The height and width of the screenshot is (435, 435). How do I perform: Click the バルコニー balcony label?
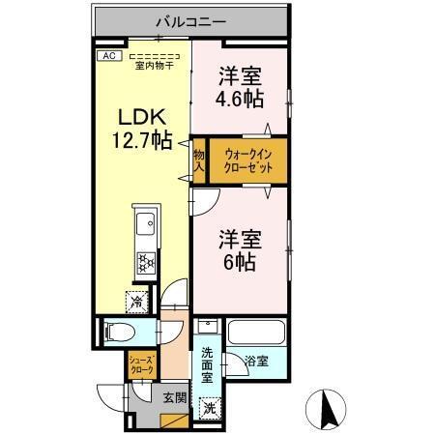(x=189, y=19)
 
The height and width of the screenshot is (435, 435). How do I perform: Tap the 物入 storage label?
(x=198, y=159)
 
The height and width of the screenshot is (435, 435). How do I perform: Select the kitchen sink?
(x=145, y=228)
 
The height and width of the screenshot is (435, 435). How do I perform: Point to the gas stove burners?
(x=146, y=262)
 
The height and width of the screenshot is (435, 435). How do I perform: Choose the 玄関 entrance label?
(x=173, y=395)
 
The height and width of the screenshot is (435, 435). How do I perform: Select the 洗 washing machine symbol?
(x=210, y=407)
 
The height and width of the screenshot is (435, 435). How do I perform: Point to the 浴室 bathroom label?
(x=255, y=362)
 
